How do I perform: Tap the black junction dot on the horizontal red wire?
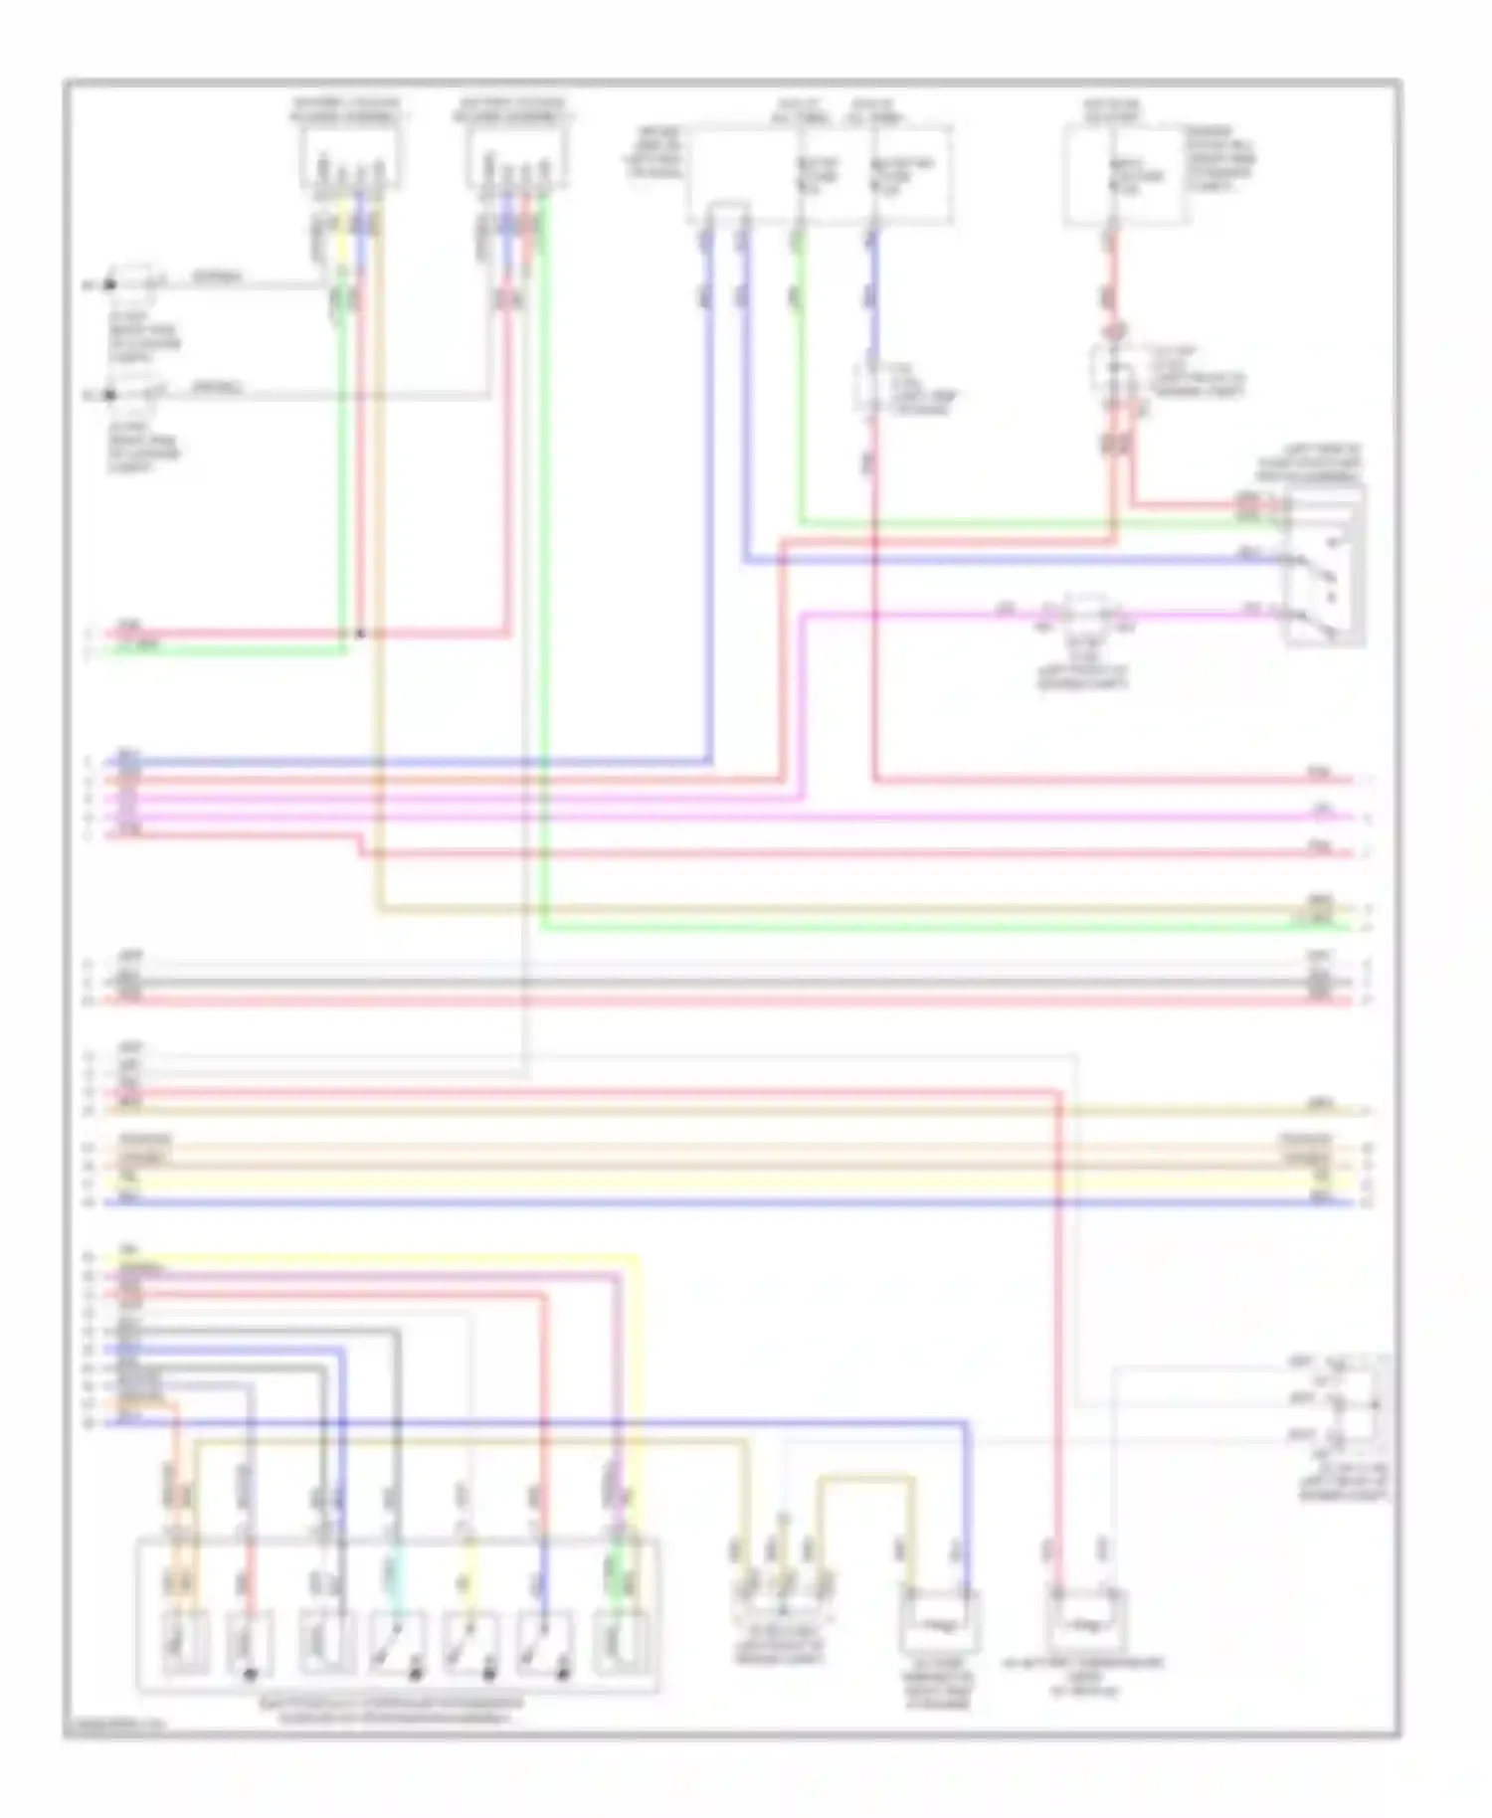(361, 634)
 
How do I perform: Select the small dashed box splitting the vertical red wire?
(1116, 371)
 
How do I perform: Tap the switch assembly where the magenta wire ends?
(1325, 567)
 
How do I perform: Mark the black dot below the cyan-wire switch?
(416, 1675)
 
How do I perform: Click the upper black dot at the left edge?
(110, 286)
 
